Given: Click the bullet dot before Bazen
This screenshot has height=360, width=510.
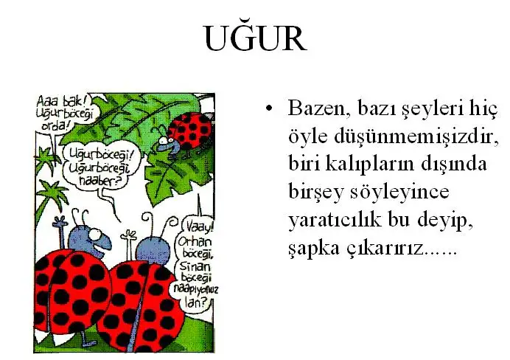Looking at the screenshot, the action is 269,108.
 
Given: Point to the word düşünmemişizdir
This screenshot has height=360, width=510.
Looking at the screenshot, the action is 417,136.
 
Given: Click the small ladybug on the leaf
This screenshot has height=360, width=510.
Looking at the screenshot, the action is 184,134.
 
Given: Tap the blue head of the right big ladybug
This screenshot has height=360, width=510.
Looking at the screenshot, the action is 153,250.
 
